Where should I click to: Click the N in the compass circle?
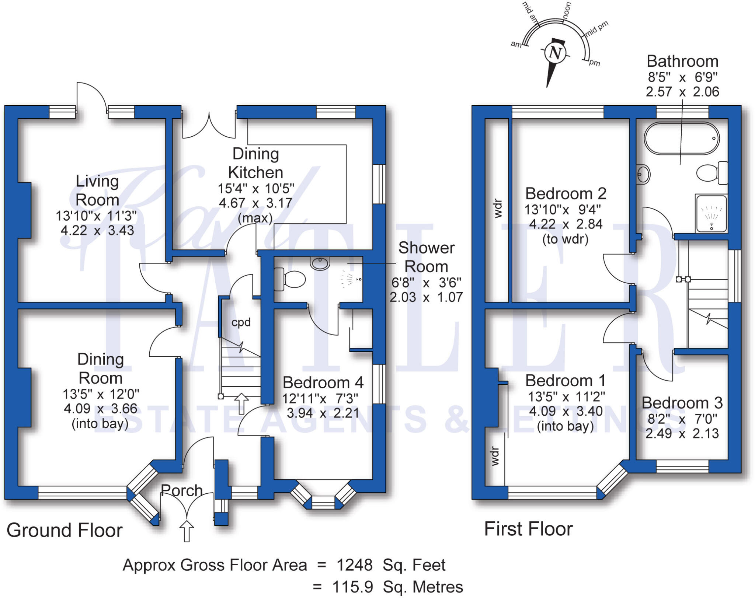tap(555, 53)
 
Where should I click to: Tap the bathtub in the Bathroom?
tap(682, 138)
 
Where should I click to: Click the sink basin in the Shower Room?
tap(320, 263)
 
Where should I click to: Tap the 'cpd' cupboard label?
tap(241, 322)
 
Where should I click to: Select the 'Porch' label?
tap(181, 490)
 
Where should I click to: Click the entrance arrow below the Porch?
tap(187, 531)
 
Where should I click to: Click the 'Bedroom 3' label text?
tap(682, 403)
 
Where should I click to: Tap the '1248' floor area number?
tap(354, 565)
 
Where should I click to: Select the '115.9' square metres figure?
tap(352, 587)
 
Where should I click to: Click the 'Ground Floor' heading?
tap(65, 530)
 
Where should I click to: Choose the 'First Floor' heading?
tap(528, 529)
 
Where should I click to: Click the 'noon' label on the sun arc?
tap(567, 10)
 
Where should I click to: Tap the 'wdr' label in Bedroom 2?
tap(498, 208)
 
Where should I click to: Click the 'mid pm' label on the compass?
tap(596, 28)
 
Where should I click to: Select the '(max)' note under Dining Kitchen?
tap(255, 218)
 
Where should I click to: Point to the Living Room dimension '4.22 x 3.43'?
tap(97, 231)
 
